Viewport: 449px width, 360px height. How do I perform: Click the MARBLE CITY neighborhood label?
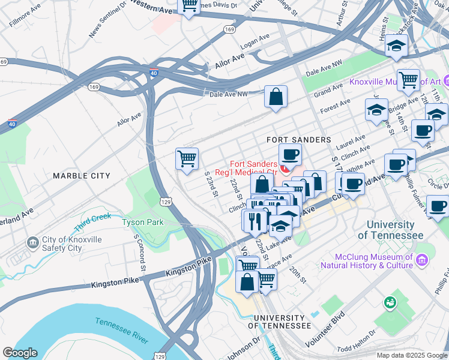point(82,176)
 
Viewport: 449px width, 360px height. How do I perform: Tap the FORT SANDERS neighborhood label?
point(299,140)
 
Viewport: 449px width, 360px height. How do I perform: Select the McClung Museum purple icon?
point(423,260)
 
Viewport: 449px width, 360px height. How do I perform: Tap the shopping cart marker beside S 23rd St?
point(187,160)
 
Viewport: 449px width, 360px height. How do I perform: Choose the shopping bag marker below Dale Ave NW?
point(276,97)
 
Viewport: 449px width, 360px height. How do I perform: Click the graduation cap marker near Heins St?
point(397,46)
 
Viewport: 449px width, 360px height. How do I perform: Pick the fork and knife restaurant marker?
point(255,220)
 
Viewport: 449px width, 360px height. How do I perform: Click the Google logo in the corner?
point(20,353)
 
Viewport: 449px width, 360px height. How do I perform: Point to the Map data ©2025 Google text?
point(412,355)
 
